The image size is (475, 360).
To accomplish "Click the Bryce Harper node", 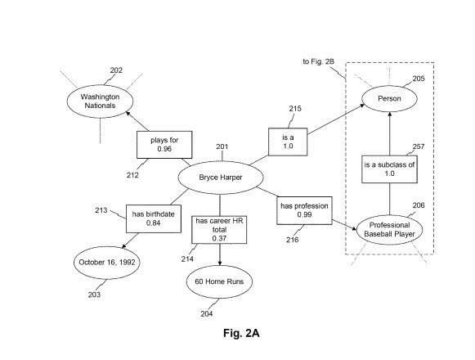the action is (221, 178).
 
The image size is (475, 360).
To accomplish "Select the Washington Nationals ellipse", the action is (100, 101).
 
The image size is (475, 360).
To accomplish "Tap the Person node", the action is (389, 98).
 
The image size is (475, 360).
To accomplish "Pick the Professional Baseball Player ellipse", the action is (389, 230).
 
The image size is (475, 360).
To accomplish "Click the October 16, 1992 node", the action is (106, 263).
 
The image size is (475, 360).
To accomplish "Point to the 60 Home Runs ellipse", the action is (219, 281).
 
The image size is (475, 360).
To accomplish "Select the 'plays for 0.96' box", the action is (164, 145).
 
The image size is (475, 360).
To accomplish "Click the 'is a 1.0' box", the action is (288, 142).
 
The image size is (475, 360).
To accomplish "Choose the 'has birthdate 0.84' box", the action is (154, 218).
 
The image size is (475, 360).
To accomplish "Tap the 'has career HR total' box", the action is (219, 230).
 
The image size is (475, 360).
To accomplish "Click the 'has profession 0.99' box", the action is (304, 210).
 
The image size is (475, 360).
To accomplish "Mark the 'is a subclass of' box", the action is (389, 169).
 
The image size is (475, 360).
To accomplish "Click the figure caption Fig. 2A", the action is (241, 333).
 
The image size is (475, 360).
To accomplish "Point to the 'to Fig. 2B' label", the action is (318, 61).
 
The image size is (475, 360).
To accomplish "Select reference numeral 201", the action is (222, 146).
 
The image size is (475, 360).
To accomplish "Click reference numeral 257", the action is (419, 146).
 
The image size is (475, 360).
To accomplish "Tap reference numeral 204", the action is (207, 314).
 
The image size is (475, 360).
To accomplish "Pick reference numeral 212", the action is (132, 175).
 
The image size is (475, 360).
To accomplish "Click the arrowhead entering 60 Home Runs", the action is (220, 263).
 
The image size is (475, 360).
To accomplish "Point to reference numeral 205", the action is (419, 79).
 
